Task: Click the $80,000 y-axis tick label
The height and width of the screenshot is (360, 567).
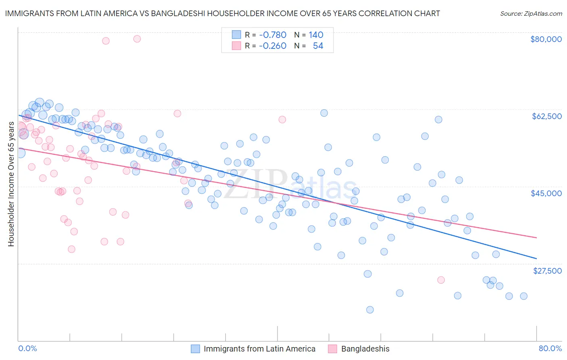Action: click(x=546, y=39)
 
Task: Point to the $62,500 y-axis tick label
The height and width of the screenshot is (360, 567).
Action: click(x=547, y=116)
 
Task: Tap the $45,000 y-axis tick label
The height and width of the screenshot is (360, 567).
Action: click(x=546, y=193)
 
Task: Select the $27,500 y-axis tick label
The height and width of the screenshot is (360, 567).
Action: click(x=547, y=271)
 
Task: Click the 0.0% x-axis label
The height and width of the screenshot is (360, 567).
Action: click(x=28, y=348)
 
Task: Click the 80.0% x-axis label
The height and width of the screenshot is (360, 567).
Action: click(x=550, y=348)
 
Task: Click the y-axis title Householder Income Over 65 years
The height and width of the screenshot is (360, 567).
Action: click(x=11, y=184)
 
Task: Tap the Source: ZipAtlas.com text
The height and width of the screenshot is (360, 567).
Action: click(x=531, y=13)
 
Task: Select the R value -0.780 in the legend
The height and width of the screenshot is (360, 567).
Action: click(x=273, y=35)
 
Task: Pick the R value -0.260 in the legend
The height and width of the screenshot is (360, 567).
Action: click(x=273, y=46)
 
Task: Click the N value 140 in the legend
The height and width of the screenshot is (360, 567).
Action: click(x=316, y=35)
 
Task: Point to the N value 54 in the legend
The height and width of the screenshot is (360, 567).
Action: click(x=318, y=46)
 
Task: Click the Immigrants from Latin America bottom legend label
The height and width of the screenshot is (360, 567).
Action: click(x=259, y=349)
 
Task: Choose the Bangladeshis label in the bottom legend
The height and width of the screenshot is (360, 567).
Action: click(x=365, y=349)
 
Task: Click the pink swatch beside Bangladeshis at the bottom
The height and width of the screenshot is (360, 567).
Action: click(x=332, y=349)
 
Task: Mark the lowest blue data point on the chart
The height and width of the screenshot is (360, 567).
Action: click(x=370, y=310)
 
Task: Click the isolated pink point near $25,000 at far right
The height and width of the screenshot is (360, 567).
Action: click(x=441, y=280)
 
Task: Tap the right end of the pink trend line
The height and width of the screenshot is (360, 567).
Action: click(x=536, y=238)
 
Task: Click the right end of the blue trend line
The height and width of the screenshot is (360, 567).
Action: click(x=536, y=258)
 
